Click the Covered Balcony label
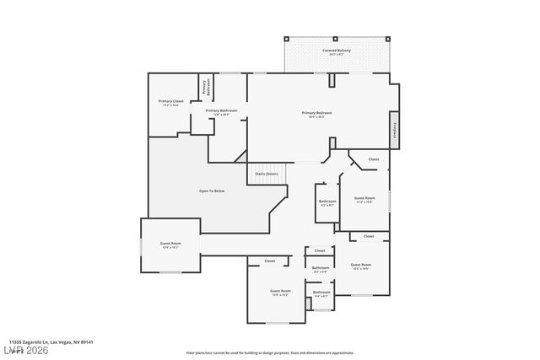pyautogui.click(x=337, y=51)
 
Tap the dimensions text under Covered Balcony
pyautogui.click(x=337, y=55)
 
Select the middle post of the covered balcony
pyautogui.click(x=335, y=39)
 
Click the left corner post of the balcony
pyautogui.click(x=286, y=39)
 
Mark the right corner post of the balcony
pyautogui.click(x=385, y=39)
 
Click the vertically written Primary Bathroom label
pyautogui.click(x=204, y=87)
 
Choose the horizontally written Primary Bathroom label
pyautogui.click(x=221, y=110)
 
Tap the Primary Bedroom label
pyautogui.click(x=317, y=112)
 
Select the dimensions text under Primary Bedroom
pyautogui.click(x=317, y=116)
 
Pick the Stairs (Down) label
pyautogui.click(x=266, y=173)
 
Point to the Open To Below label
pyautogui.click(x=211, y=191)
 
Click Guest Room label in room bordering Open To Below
pyautogui.click(x=170, y=243)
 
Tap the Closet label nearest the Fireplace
pyautogui.click(x=374, y=159)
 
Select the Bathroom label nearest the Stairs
pyautogui.click(x=327, y=201)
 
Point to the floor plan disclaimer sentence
pyautogui.click(x=269, y=352)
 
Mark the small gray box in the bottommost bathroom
pyautogui.click(x=321, y=309)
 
